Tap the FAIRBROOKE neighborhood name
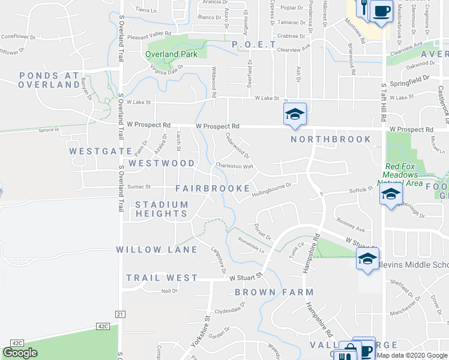pos(212,188)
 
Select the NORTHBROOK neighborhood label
pos(331,139)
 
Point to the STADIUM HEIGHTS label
pos(161,209)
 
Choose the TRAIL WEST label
pos(161,278)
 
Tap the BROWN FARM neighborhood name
pos(274,292)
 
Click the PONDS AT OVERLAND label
pos(49,80)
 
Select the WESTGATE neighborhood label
pos(92,151)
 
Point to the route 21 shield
pos(120,314)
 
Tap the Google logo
pos(20,353)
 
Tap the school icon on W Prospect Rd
pos(295,114)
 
